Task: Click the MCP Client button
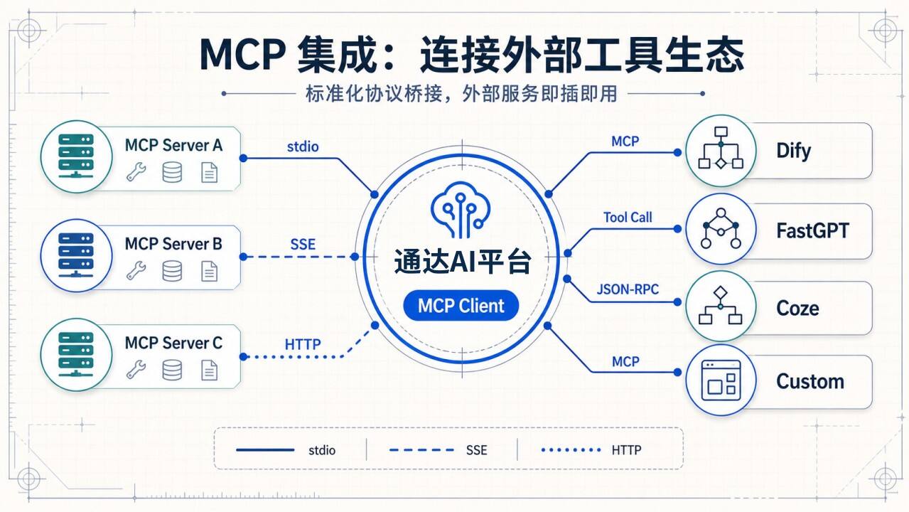tap(461, 305)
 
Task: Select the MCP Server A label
tap(173, 145)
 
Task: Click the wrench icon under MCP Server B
tap(136, 270)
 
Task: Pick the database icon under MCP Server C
tap(172, 370)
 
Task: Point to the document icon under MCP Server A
tap(210, 172)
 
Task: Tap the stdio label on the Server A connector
tap(303, 146)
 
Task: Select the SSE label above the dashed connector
tap(303, 245)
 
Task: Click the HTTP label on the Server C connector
tap(303, 345)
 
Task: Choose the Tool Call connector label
tap(628, 218)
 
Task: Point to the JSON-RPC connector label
tap(628, 289)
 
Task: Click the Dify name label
tap(793, 151)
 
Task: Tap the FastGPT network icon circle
tap(721, 228)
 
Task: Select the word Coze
tap(797, 308)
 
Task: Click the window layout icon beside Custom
tap(721, 380)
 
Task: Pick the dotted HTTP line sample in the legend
tap(571, 450)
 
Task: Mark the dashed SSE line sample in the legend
tap(421, 450)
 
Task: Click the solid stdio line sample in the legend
tap(265, 450)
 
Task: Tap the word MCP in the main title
tap(242, 55)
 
